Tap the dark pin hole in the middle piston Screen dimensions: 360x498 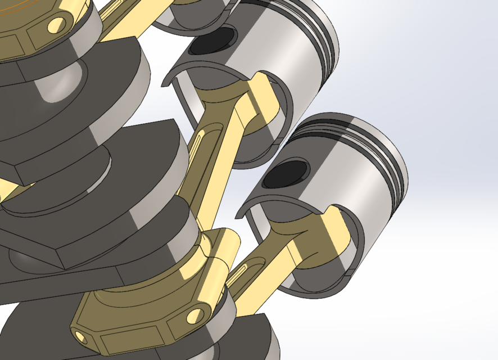coord(213,43)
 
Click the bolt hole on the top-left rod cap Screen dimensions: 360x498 coord(56,24)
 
